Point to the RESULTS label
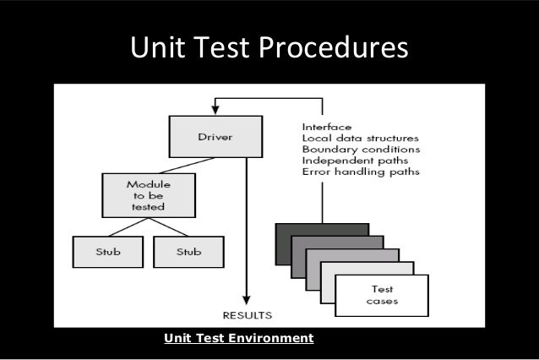(246, 314)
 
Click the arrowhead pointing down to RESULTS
(246, 299)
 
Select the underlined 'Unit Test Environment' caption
(238, 338)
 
